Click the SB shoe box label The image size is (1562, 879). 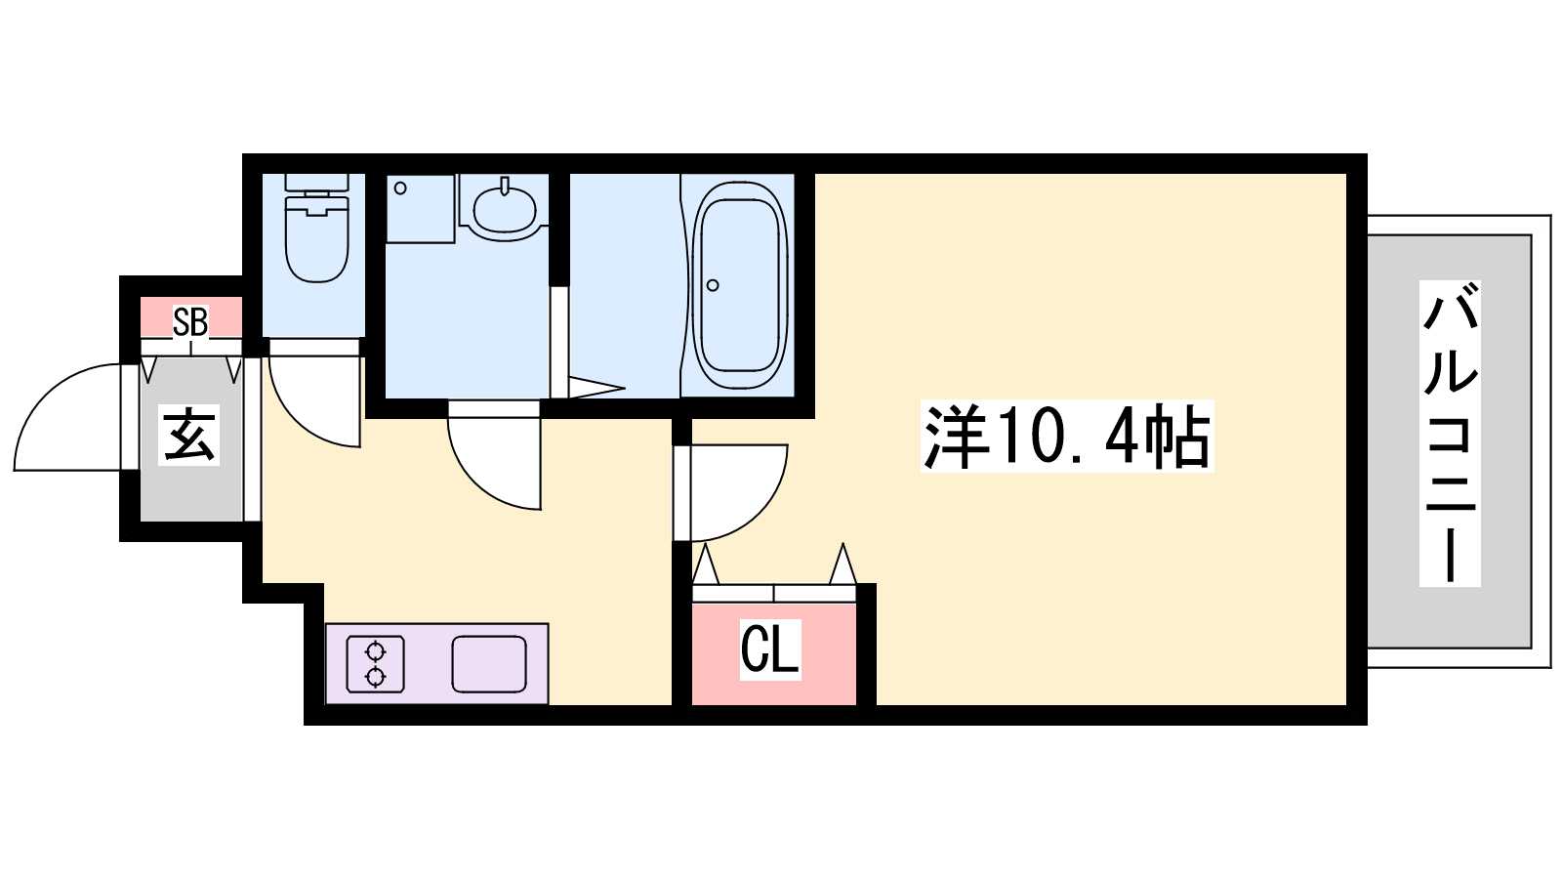point(190,322)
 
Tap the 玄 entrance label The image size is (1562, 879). point(189,436)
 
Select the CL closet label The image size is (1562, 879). point(770,650)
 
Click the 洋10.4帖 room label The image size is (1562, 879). point(1067,436)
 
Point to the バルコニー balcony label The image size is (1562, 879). point(1450,434)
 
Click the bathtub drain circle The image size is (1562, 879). point(713,284)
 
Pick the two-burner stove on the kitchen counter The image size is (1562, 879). point(376,664)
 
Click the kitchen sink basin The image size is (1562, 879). point(489,664)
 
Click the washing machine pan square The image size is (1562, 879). point(421,209)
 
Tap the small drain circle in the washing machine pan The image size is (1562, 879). point(400,188)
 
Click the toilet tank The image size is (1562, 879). point(316,183)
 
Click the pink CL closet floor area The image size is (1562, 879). point(774,653)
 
